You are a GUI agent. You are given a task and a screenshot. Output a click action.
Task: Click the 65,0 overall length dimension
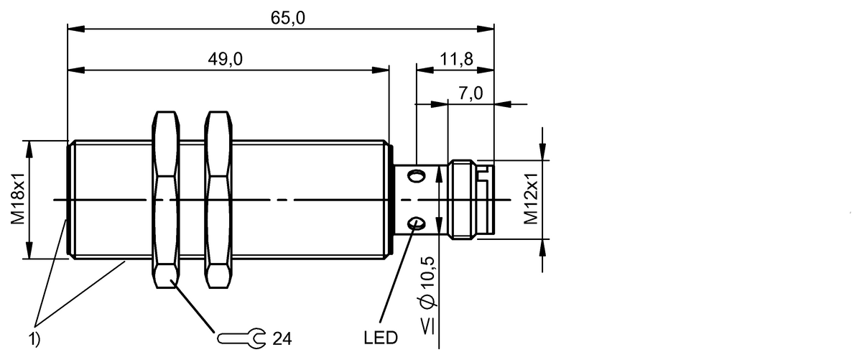pos(287,18)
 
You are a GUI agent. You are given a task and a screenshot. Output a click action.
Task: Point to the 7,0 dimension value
pos(471,93)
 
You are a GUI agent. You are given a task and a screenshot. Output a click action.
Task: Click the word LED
pos(380,337)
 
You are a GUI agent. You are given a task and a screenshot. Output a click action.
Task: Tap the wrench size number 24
pos(282,337)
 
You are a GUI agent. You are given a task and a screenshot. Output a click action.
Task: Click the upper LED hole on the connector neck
pos(415,175)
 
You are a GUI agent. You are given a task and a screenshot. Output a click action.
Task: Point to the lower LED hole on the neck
pos(415,225)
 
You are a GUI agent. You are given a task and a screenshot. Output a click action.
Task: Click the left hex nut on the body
pos(165,199)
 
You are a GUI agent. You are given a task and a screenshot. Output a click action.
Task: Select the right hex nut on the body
pos(218,199)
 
